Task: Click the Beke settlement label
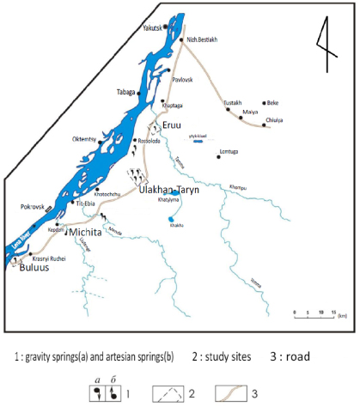274,102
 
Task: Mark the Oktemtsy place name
88,138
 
